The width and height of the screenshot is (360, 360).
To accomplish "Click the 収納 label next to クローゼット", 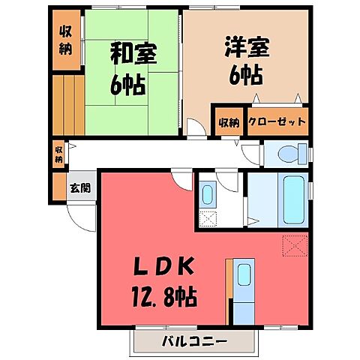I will click(x=229, y=121).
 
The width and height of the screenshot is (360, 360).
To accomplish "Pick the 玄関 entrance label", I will click(x=80, y=188).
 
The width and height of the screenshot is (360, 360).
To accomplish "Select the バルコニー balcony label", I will click(x=195, y=342).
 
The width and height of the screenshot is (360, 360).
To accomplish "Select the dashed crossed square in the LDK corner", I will click(x=294, y=245).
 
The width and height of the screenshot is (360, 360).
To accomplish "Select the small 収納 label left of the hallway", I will click(x=58, y=154).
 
